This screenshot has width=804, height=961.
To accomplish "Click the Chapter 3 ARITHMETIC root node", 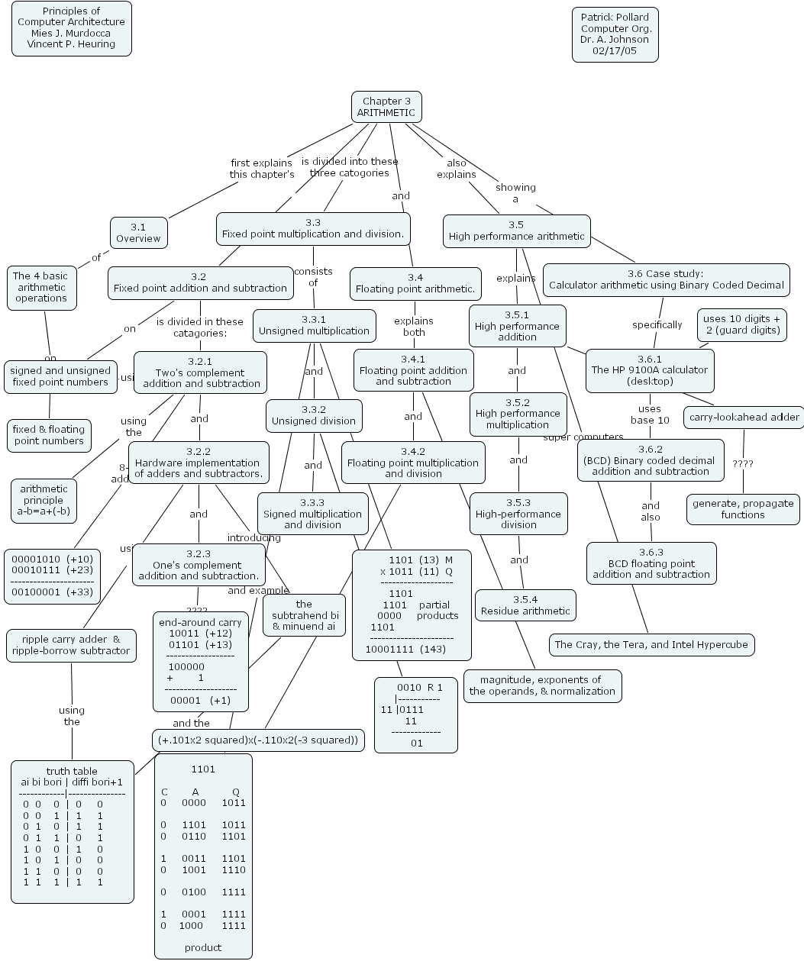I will tap(386, 107).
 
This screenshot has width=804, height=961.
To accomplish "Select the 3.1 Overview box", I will tap(138, 233).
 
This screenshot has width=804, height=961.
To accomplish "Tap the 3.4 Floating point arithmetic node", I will tap(415, 283).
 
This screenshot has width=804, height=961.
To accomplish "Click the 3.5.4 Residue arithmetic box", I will tap(525, 605).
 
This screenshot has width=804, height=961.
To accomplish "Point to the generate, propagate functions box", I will tap(743, 509).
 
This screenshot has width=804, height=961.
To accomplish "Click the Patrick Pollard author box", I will tap(615, 34).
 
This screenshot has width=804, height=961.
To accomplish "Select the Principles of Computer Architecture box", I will tap(72, 28).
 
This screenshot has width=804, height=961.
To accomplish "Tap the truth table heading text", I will tap(72, 771).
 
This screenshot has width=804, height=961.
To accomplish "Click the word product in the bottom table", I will tap(203, 947).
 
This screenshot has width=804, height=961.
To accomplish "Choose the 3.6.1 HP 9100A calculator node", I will tap(650, 370).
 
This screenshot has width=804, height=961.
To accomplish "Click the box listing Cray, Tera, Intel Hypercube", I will tap(651, 644).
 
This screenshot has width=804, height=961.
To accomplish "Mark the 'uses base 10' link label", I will tap(650, 414).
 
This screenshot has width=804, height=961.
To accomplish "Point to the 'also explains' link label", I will tap(457, 169).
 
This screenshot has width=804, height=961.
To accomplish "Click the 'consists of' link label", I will tap(313, 277).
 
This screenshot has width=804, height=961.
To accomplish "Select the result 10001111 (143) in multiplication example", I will tap(405, 650).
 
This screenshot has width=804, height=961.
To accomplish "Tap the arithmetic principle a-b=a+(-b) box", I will tap(44, 501).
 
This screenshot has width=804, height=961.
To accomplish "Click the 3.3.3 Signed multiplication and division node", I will tap(313, 514).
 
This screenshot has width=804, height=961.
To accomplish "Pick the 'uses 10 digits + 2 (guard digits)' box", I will tap(741, 324).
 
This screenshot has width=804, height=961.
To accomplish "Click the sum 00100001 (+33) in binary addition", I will tap(52, 592).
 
